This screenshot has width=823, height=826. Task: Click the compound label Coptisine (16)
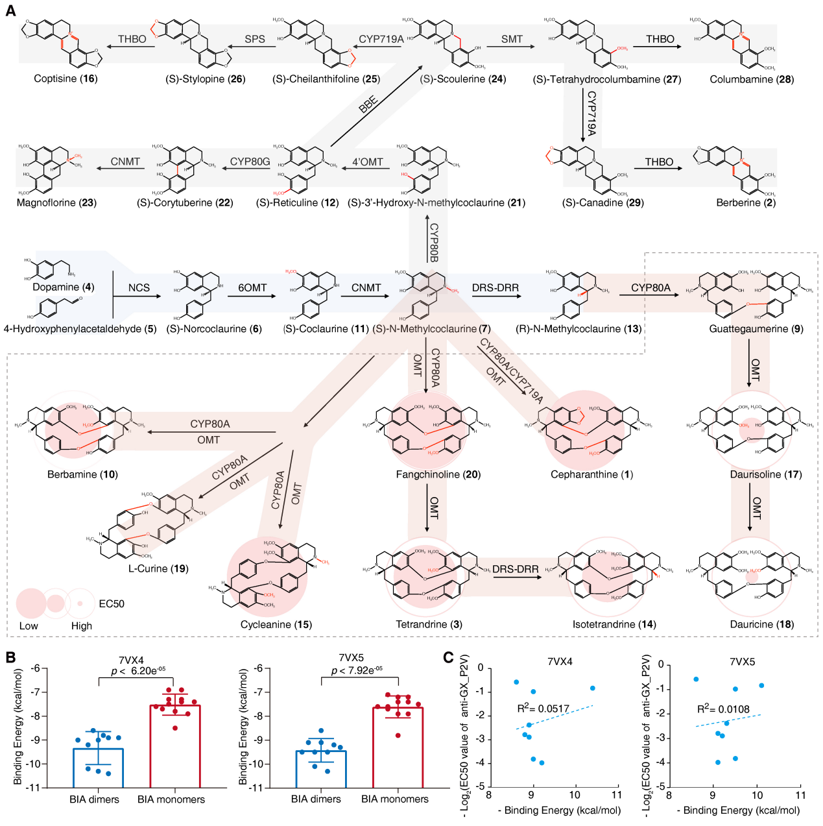click(66, 79)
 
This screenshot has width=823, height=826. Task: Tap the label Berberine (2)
click(746, 202)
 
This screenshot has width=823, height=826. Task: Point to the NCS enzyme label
click(139, 287)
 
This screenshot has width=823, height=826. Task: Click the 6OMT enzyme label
click(252, 287)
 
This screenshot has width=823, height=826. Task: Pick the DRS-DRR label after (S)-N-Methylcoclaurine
click(495, 287)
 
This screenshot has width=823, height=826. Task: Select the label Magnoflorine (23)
click(56, 202)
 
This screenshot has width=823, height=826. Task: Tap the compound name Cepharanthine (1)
click(591, 474)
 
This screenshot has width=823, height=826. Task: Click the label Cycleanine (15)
click(276, 624)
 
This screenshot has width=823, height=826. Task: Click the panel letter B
click(10, 657)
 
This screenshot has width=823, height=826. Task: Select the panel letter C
click(448, 657)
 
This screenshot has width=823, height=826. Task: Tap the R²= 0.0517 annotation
click(543, 709)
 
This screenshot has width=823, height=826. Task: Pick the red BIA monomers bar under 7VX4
click(175, 746)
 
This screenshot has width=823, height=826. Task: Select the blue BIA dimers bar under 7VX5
click(321, 769)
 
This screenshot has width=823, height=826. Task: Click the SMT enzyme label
click(512, 39)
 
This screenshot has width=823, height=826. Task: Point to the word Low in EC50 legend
click(29, 626)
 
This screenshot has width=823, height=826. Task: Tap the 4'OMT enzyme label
click(367, 162)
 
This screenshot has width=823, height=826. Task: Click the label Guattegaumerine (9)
click(756, 329)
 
